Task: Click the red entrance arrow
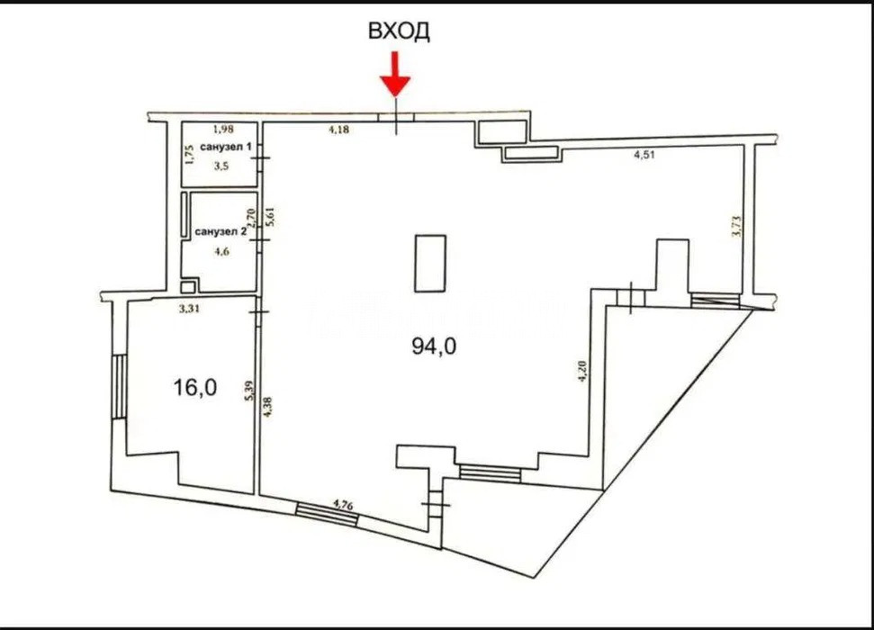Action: (x=396, y=74)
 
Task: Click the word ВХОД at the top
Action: (x=399, y=31)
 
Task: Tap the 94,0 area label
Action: (x=434, y=346)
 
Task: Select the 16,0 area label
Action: (x=195, y=387)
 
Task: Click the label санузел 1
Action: (x=226, y=148)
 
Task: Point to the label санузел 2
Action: (x=221, y=231)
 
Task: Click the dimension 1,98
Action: (x=223, y=129)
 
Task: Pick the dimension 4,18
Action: (x=338, y=130)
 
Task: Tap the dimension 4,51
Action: (x=644, y=155)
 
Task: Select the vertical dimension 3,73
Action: (x=735, y=228)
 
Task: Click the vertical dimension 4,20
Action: (x=582, y=372)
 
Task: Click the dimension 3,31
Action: (x=190, y=309)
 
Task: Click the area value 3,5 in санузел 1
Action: (x=221, y=166)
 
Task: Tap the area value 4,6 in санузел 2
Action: (x=221, y=251)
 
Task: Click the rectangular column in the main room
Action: (x=430, y=263)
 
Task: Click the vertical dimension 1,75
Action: (x=190, y=155)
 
